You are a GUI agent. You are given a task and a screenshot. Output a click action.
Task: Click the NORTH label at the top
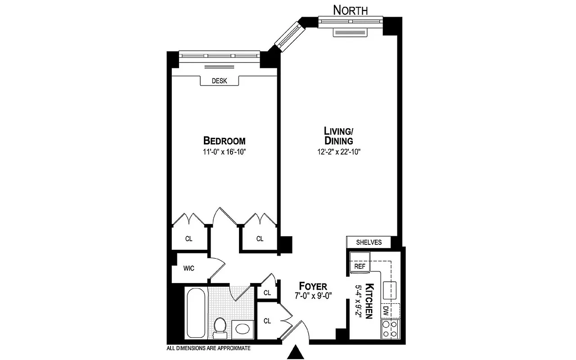[x=350, y=9]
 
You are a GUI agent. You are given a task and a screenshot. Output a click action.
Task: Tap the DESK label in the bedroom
[x=219, y=81]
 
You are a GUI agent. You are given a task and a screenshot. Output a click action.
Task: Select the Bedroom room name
[x=224, y=140]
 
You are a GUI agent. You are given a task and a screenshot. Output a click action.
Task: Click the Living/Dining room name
[x=338, y=136]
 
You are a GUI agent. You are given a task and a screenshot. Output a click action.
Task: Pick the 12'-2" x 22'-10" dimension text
[x=339, y=152]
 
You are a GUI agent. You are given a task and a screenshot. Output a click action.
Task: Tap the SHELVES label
[x=369, y=242]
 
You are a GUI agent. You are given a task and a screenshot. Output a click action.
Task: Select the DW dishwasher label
[x=386, y=310]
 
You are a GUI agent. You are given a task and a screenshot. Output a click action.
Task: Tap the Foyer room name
[x=314, y=287]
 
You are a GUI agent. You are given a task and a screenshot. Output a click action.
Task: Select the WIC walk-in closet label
[x=189, y=269]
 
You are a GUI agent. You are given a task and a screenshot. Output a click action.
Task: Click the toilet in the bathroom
[x=220, y=327]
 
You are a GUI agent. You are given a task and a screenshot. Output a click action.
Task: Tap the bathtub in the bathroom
[x=196, y=314]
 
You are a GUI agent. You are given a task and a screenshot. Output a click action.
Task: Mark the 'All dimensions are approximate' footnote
[x=208, y=348]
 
